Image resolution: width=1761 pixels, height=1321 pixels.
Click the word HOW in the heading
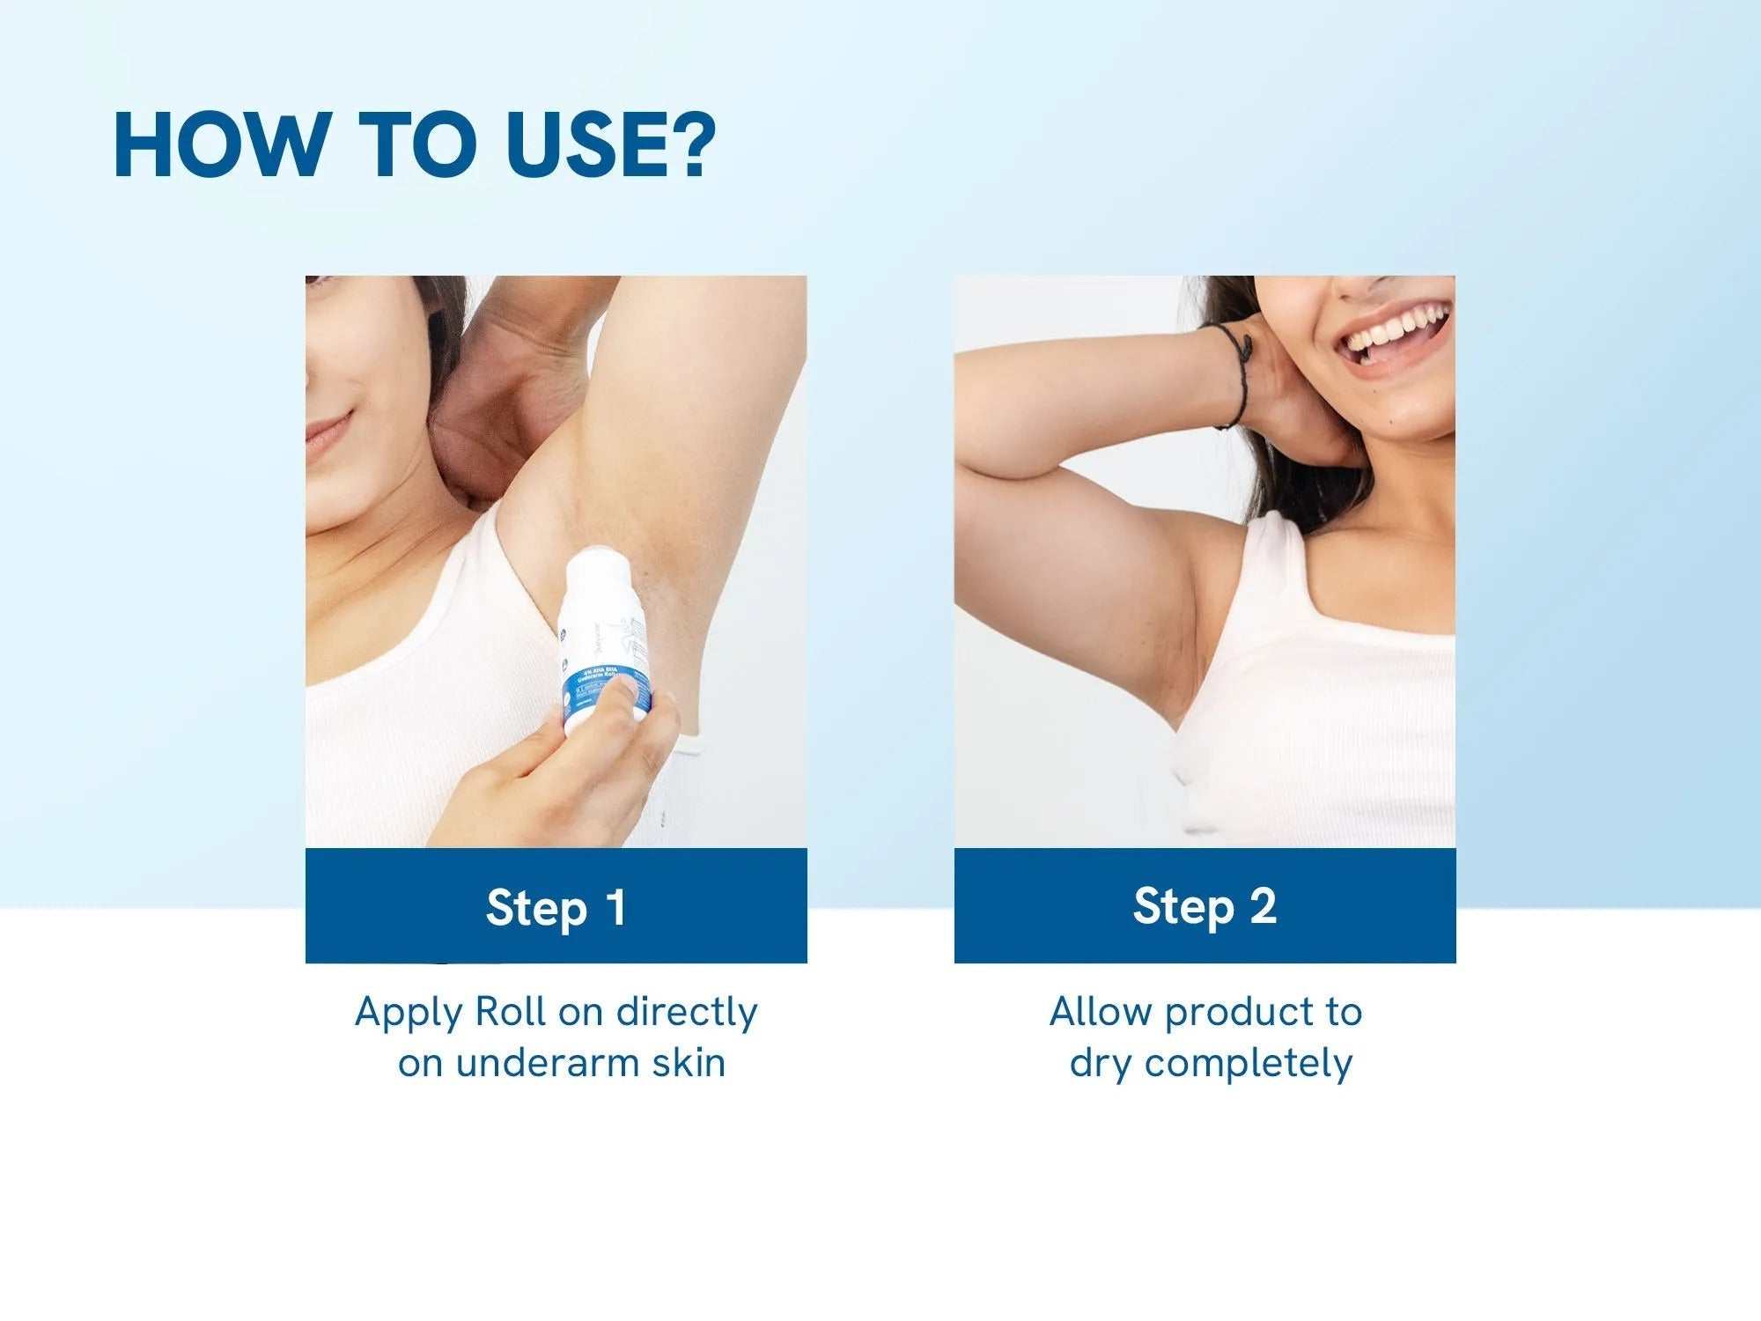[218, 145]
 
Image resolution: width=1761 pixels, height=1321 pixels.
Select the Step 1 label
[556, 907]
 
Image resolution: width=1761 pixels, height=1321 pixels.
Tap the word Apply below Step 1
[409, 1013]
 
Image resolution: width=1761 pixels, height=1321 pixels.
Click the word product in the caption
[1233, 1013]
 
